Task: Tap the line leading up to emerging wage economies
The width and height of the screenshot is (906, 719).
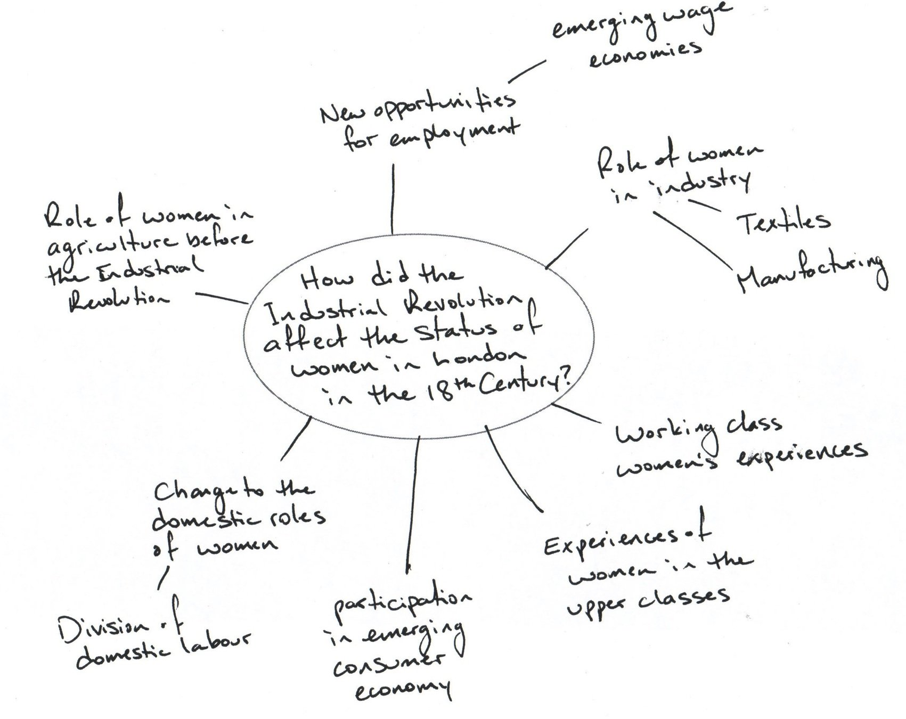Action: pos(527,71)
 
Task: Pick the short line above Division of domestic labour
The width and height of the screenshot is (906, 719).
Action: pos(164,578)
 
